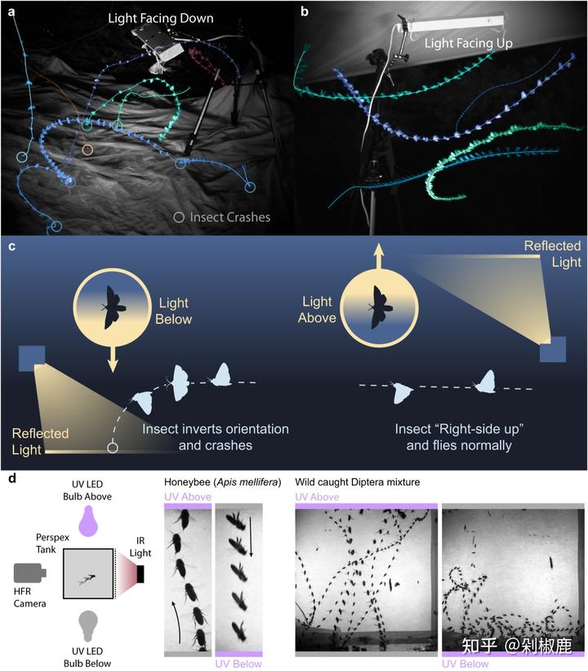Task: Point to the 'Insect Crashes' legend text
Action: (x=229, y=217)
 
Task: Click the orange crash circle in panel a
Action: (x=87, y=150)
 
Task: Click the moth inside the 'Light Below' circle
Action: (x=114, y=307)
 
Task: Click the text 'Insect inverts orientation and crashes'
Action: (x=215, y=437)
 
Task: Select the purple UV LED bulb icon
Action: (x=90, y=521)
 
